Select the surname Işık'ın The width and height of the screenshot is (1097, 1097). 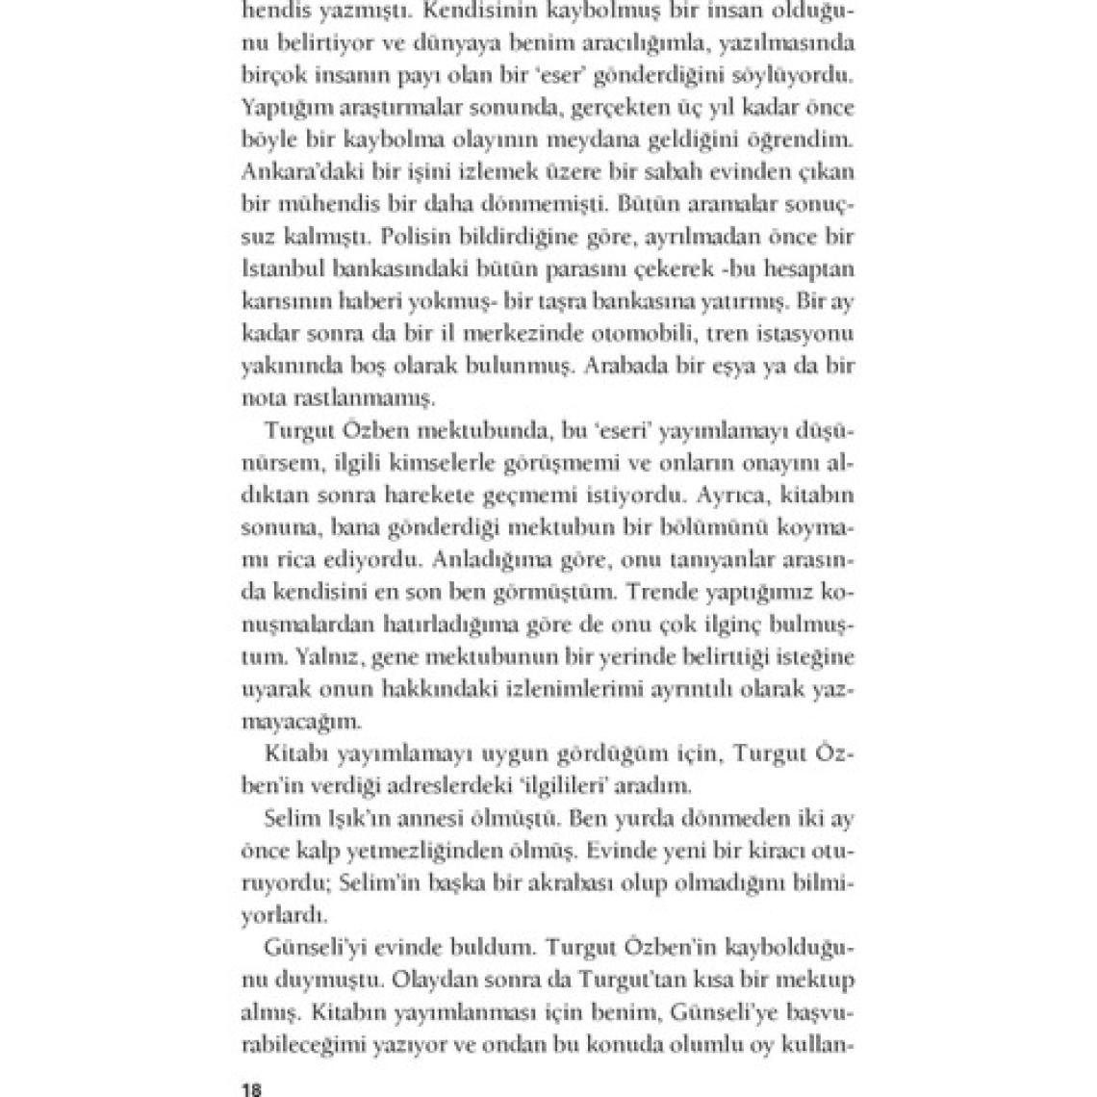352,819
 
